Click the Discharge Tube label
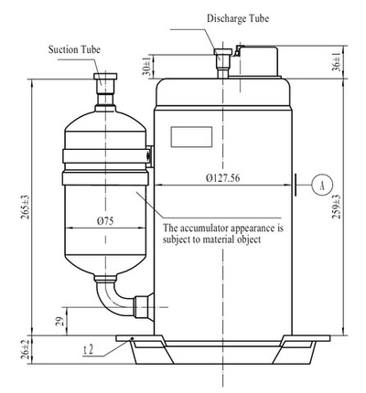click(238, 18)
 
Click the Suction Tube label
click(74, 49)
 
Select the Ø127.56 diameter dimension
click(223, 177)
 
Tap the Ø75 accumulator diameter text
click(105, 221)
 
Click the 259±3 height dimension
click(337, 207)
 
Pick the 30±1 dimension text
click(146, 67)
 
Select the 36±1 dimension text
click(337, 62)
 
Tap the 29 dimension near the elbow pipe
click(59, 321)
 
